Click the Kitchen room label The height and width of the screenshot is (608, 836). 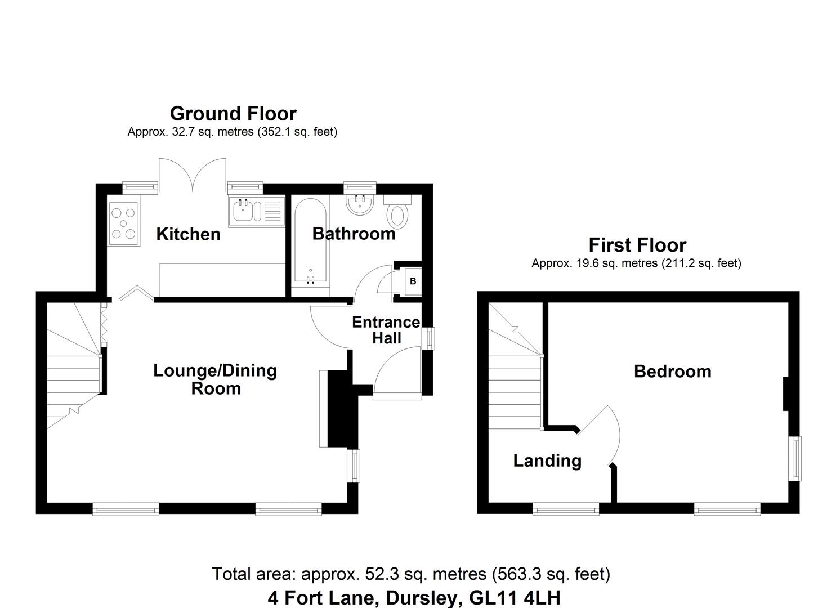188,234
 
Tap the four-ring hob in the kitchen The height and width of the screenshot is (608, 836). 123,223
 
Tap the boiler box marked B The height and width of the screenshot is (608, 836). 413,281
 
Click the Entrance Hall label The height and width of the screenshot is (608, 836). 386,330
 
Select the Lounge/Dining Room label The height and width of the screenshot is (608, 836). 215,379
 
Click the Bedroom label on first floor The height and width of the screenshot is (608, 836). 672,372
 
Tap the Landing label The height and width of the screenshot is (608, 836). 547,461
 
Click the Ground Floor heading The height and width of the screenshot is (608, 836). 233,114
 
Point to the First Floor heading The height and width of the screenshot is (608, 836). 637,245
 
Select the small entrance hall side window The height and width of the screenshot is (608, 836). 431,338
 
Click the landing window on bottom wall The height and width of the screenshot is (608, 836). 566,510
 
